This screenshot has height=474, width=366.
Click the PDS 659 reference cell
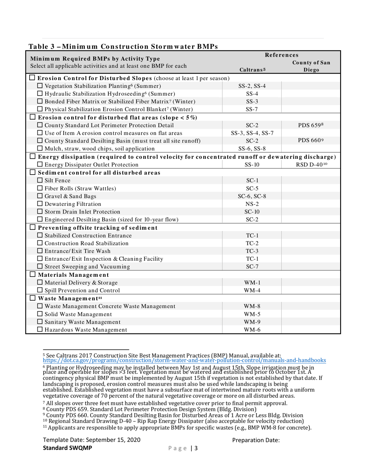click(x=311, y=125)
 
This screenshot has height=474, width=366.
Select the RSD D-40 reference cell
click(x=311, y=165)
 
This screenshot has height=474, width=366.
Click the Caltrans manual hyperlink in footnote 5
click(x=184, y=360)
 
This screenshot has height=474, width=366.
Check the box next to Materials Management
click(x=33, y=274)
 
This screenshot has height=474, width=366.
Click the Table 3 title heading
click(x=123, y=46)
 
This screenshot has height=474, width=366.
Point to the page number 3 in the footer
click(x=196, y=448)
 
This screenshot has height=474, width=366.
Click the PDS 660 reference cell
click(x=311, y=141)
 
